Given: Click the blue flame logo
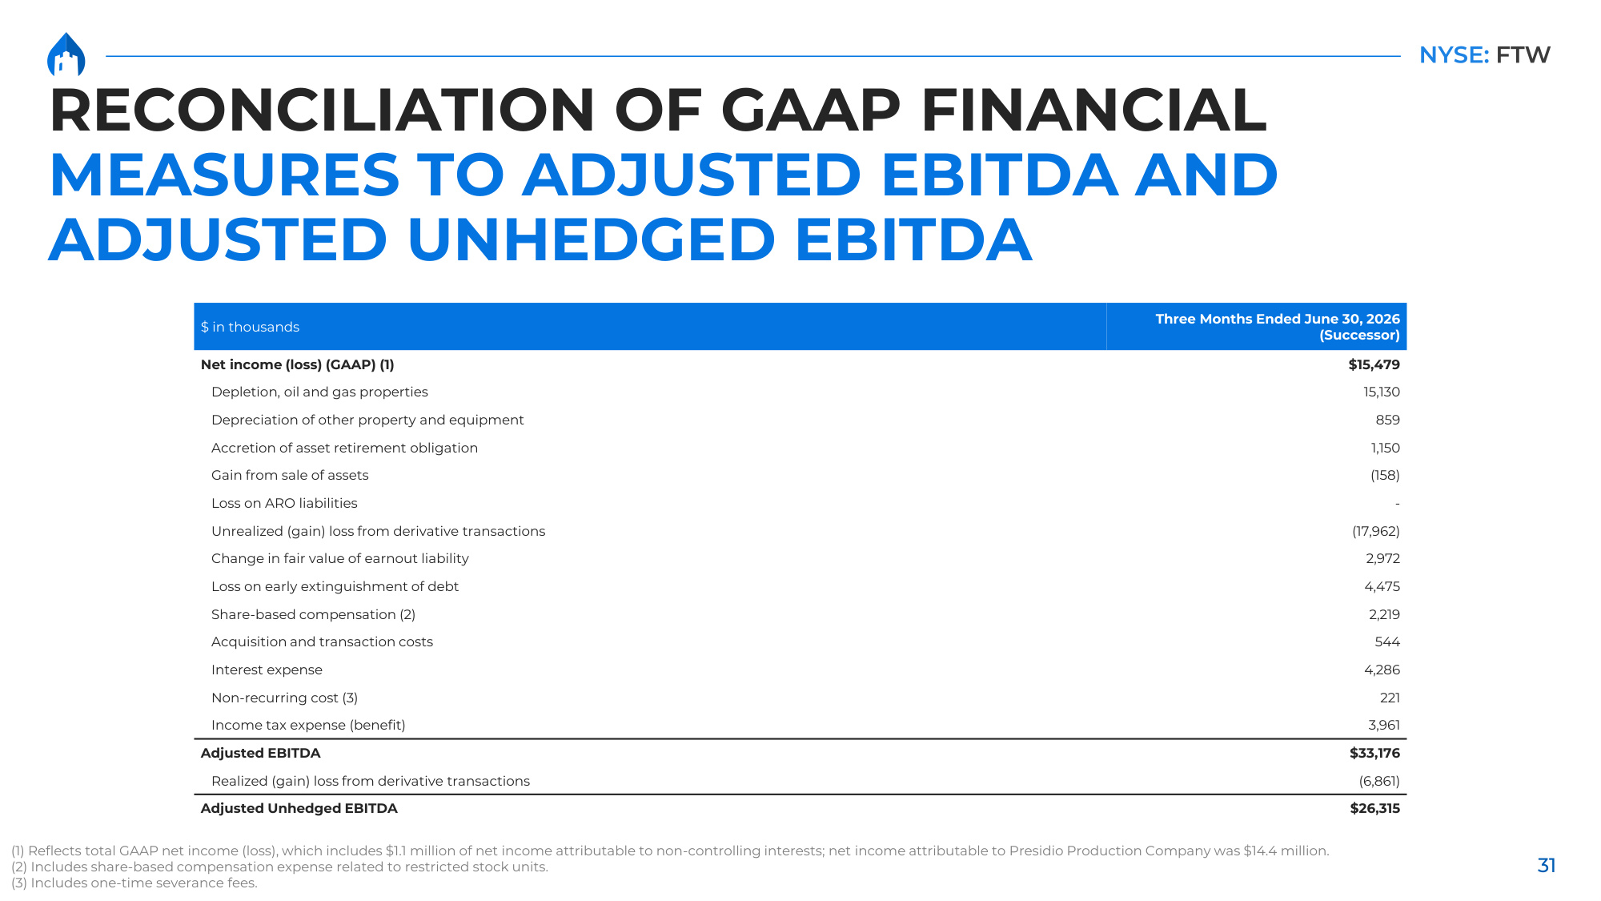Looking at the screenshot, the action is (66, 54).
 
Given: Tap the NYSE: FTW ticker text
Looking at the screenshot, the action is (1484, 55).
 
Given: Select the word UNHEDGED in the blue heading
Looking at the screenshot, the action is (591, 239).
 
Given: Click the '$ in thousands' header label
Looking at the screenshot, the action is (250, 327).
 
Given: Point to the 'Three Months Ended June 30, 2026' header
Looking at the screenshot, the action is (1278, 319).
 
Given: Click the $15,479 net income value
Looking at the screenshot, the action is (1374, 364).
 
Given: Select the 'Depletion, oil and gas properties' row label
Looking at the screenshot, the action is (319, 392).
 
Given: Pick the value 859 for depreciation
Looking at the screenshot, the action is (1387, 420).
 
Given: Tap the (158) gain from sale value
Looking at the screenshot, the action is (1385, 475).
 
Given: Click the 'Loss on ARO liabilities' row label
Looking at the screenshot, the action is (284, 503).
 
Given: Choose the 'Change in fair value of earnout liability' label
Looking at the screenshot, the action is (339, 558).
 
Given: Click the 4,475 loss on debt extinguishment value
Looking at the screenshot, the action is (1382, 586).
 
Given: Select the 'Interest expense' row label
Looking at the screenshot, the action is (267, 670).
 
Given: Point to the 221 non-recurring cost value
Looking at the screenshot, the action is (1390, 698).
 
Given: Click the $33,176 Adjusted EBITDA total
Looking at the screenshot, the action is (1374, 753).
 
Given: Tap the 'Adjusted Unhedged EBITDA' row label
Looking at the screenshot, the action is (299, 808).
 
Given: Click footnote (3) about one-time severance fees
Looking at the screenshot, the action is (134, 883).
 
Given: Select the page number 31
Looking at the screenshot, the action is (1547, 865).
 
